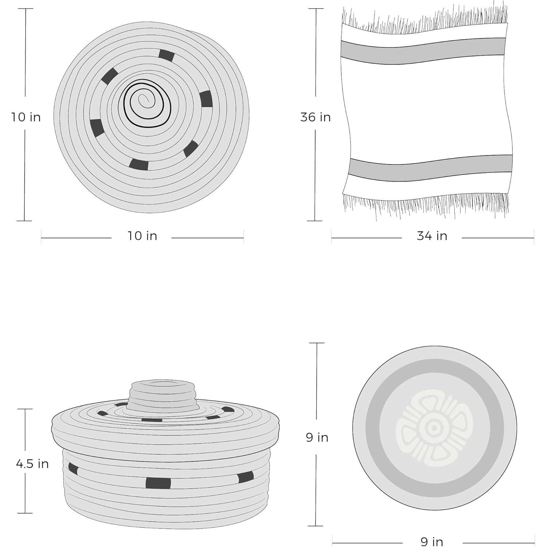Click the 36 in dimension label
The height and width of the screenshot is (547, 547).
pyautogui.click(x=315, y=117)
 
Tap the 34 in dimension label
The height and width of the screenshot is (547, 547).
pyautogui.click(x=432, y=236)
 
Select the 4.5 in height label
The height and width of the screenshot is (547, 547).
pyautogui.click(x=32, y=463)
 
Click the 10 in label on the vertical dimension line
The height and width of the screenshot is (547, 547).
pyautogui.click(x=26, y=117)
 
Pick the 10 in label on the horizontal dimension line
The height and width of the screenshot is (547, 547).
pyautogui.click(x=142, y=236)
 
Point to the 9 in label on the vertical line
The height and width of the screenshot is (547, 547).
pyautogui.click(x=317, y=437)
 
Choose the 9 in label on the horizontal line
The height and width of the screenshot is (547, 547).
pyautogui.click(x=432, y=542)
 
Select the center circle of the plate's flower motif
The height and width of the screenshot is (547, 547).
pyautogui.click(x=434, y=428)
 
